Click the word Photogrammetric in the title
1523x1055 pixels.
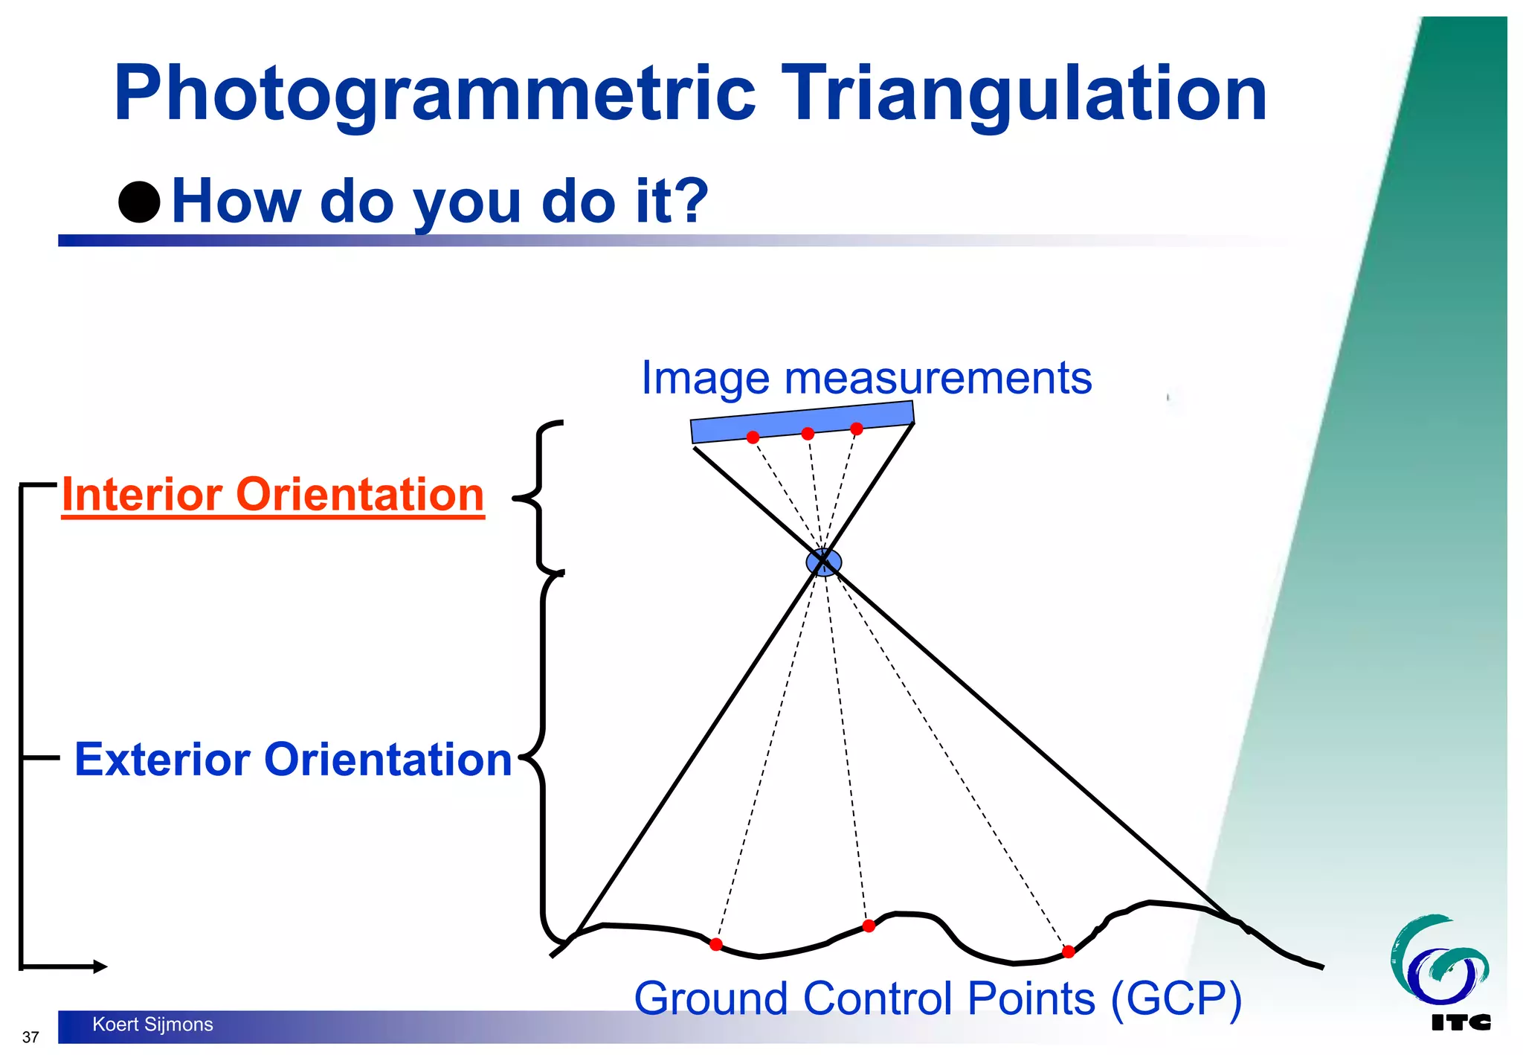click(435, 94)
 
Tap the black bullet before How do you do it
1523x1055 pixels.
click(139, 202)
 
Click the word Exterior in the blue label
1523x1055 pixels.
click(163, 760)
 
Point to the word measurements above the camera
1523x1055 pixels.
click(938, 378)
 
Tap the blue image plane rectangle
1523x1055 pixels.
click(802, 421)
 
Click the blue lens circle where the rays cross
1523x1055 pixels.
click(824, 562)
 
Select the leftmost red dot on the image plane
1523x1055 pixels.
click(753, 437)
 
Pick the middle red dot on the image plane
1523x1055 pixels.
click(808, 433)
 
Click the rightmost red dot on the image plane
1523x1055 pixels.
click(857, 429)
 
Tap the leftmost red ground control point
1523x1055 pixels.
click(715, 944)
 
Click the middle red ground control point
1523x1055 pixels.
click(869, 926)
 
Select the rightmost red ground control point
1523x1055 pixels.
click(1068, 952)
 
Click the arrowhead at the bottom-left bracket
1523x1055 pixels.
click(100, 966)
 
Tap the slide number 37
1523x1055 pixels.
click(30, 1037)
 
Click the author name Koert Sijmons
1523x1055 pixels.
click(152, 1024)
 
